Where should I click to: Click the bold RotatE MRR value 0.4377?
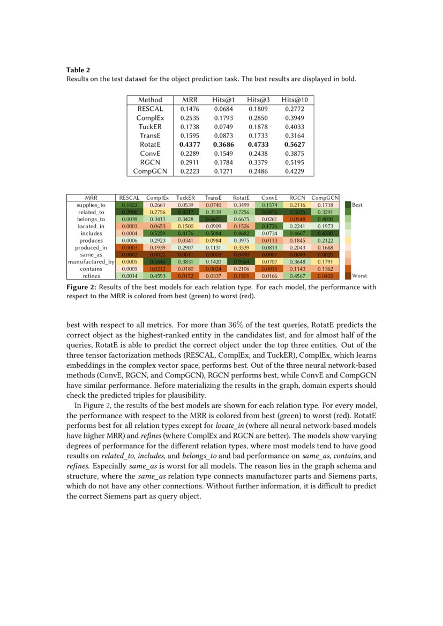190,144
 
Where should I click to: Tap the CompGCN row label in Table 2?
150,171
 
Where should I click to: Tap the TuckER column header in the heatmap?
185,198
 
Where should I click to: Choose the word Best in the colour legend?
357,205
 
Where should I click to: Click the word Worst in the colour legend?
359,275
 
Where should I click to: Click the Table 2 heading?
78,70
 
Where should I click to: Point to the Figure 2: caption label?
81,287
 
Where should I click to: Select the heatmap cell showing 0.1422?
130,205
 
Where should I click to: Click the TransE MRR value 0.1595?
190,135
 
